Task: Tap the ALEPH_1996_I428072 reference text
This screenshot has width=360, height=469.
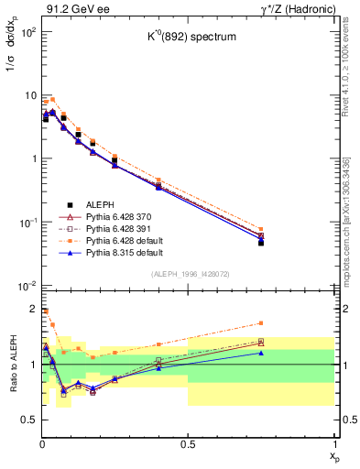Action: (x=184, y=276)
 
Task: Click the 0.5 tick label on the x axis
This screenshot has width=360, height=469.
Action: (x=188, y=444)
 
